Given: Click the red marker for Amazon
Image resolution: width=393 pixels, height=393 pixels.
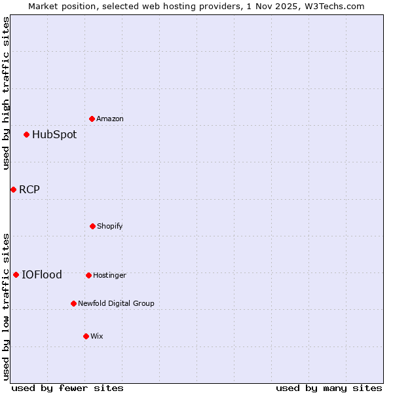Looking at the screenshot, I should coord(92,119).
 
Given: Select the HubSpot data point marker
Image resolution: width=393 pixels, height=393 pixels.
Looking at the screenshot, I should coord(26,135).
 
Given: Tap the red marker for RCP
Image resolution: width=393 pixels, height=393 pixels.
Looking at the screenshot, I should coord(13,189).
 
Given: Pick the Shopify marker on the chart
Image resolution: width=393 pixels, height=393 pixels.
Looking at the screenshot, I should coord(92,226).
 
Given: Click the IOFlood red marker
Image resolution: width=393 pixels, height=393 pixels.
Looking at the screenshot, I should coord(16,274).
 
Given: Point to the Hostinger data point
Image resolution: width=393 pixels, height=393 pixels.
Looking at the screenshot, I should coord(88,275).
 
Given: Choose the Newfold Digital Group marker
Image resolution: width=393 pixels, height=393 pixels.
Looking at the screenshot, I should coord(73,303).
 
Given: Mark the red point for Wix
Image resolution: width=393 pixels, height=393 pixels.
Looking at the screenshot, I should coord(86,336).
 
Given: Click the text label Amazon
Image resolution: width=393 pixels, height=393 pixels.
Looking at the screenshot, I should coord(110,119).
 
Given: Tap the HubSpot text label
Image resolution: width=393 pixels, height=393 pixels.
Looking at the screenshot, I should coord(54,135).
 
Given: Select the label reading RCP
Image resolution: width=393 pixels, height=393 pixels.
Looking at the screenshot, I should coord(29,190).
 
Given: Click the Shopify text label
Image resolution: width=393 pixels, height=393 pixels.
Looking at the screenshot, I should coord(110,226).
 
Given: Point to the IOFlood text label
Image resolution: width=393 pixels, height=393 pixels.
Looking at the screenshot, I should coord(42,275).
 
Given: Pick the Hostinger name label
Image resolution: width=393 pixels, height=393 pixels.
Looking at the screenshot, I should coord(109,275).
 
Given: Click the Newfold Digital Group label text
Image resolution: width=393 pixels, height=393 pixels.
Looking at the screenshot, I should coord(116,303).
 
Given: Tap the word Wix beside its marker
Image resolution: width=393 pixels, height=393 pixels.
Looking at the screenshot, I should coord(97,336).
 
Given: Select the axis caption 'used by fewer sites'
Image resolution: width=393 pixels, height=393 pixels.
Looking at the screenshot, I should coord(67,388).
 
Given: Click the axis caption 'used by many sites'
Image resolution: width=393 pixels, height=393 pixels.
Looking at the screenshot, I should coord(329,388).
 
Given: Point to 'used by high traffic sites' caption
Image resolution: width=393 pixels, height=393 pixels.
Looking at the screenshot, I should coord(6,94).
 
